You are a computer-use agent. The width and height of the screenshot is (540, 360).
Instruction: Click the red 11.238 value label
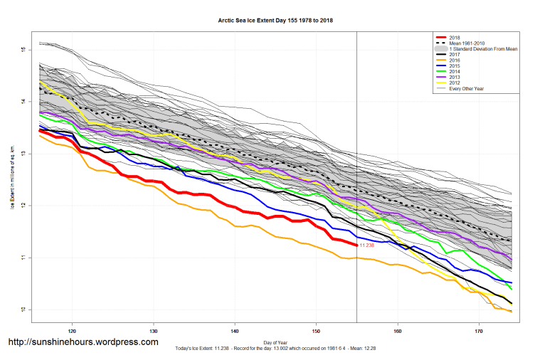coord(368,245)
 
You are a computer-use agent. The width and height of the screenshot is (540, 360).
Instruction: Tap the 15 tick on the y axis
coord(23,50)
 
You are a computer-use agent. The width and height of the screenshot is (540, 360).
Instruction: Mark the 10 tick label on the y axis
coord(23,309)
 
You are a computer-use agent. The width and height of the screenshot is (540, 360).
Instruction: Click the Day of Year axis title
coord(275,342)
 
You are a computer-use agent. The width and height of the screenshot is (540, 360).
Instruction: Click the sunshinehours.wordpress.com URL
coord(83,342)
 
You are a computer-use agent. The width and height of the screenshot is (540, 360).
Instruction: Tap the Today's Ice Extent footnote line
coord(275,349)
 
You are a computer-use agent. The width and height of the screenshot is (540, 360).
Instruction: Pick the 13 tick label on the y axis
coord(23,154)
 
